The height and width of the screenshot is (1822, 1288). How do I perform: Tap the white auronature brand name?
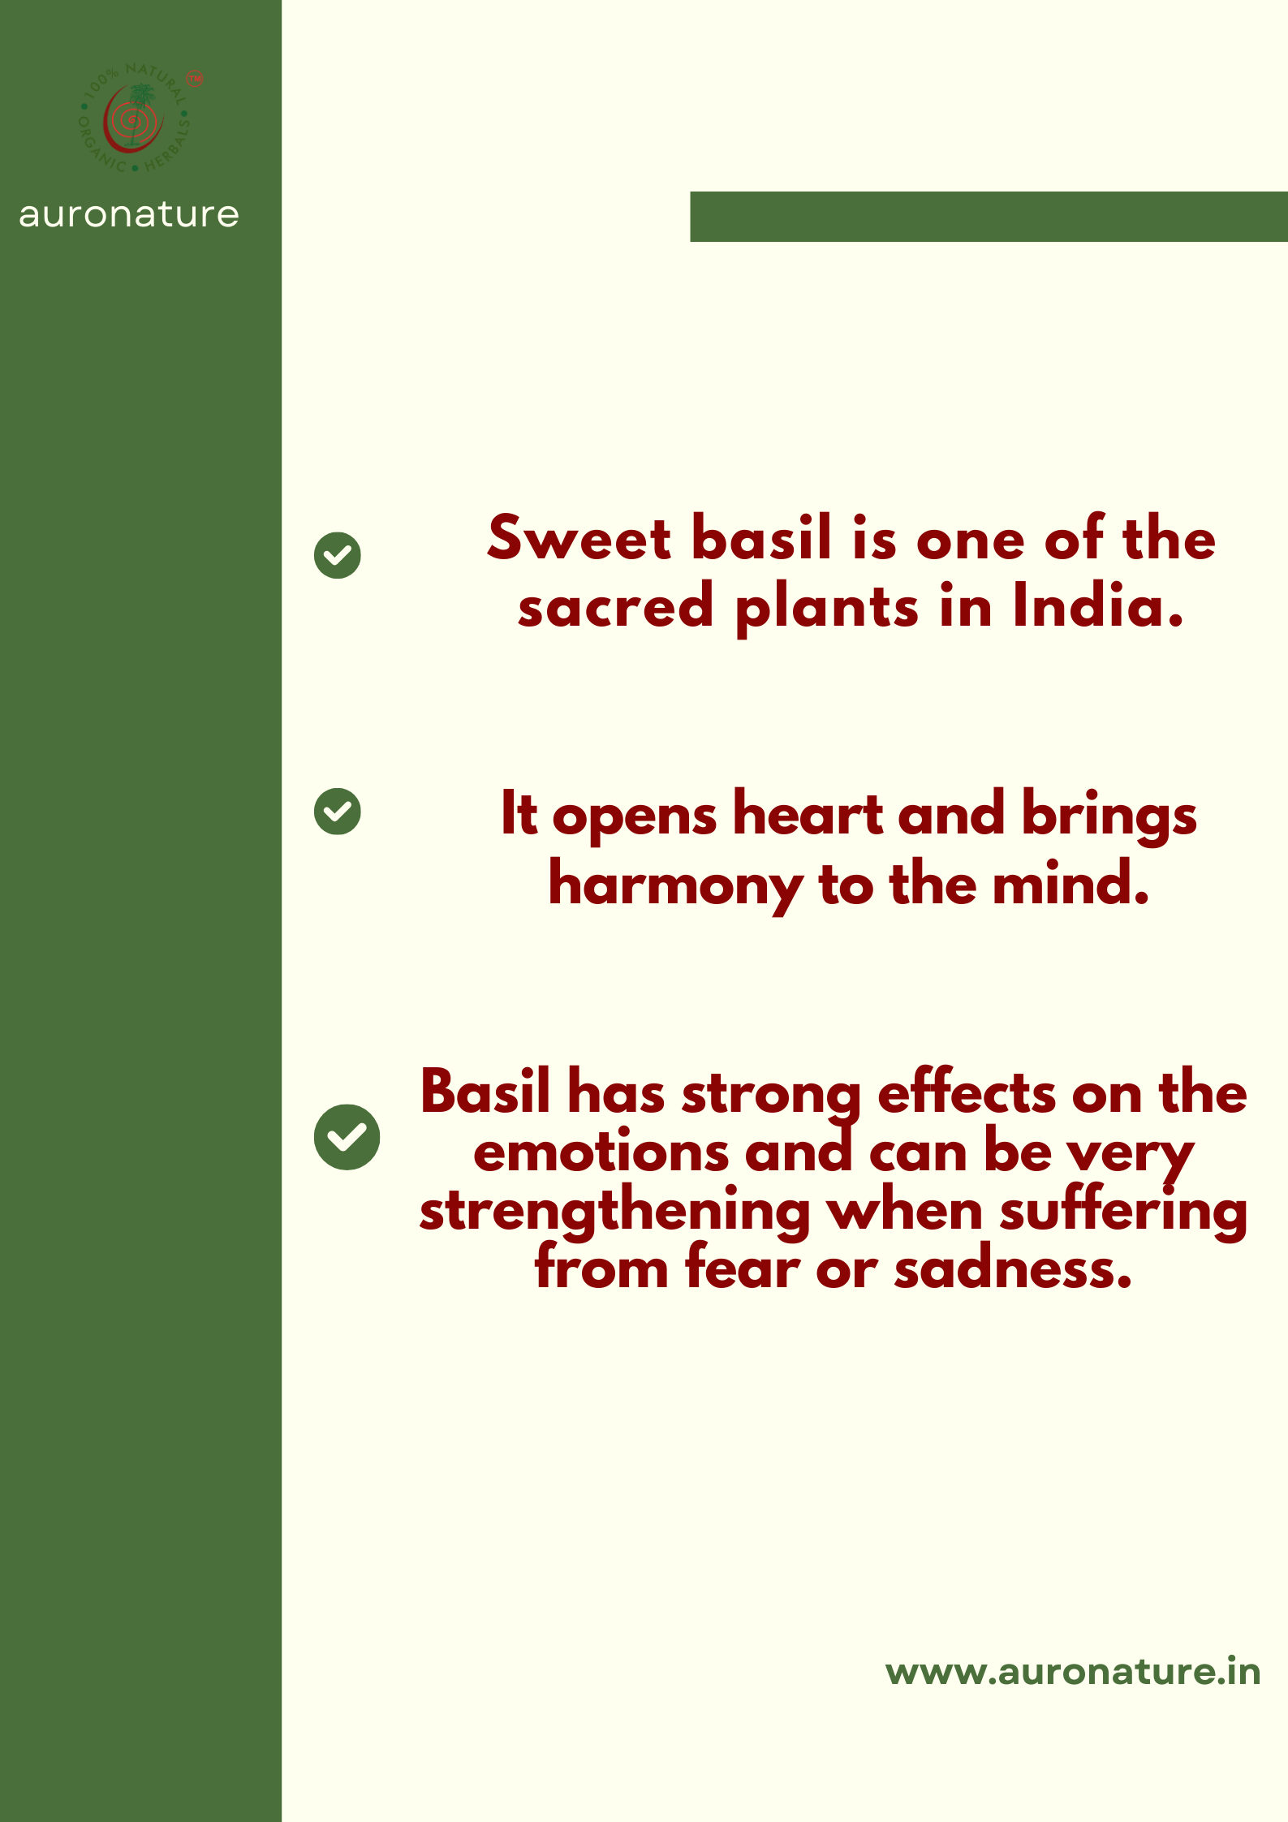point(129,215)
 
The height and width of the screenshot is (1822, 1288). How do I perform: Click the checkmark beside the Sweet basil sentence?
point(338,555)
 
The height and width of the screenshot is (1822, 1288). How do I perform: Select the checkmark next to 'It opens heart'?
point(338,811)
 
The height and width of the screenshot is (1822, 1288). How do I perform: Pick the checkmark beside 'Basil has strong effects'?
point(347,1136)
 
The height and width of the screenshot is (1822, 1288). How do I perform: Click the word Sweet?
point(579,538)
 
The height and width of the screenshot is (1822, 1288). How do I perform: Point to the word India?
point(1098,606)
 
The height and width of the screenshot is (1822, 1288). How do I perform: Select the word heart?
point(808,814)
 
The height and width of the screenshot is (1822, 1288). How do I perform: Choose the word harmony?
point(676,885)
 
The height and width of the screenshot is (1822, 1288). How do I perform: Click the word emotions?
point(601,1152)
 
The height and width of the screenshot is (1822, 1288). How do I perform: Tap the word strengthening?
point(614,1212)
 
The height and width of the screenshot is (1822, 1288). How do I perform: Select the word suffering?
point(1123,1211)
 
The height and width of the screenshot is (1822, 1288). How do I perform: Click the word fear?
point(742,1269)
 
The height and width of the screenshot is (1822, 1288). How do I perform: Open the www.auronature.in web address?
point(1072,1672)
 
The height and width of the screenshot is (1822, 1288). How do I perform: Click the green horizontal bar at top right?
point(989,217)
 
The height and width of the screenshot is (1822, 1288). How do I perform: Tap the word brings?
point(1109,815)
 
